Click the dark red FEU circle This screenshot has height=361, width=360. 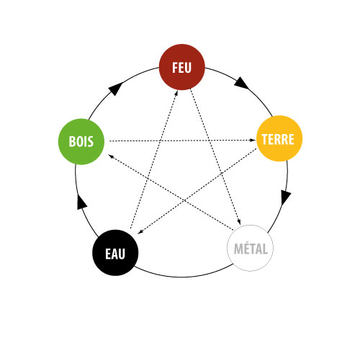[182, 67]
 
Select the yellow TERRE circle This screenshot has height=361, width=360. [279, 138]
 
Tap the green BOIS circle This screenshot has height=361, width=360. [81, 142]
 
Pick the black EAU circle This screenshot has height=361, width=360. [115, 253]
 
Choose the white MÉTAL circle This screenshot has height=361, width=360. [250, 248]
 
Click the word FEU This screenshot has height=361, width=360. [181, 68]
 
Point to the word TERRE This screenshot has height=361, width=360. [278, 139]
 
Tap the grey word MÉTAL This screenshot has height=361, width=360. [251, 249]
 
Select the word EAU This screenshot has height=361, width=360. [115, 254]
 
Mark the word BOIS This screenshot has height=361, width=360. [81, 141]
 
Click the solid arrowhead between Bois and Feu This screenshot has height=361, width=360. [116, 89]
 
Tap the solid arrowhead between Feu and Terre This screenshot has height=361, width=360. [241, 83]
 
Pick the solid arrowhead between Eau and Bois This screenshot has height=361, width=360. [81, 202]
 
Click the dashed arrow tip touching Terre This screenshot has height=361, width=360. [253, 140]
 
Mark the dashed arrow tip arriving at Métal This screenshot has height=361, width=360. [239, 222]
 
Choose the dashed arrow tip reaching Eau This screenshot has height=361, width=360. [140, 232]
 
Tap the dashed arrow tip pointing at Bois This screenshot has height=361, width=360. [111, 156]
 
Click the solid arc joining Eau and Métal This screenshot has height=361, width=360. [181, 277]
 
